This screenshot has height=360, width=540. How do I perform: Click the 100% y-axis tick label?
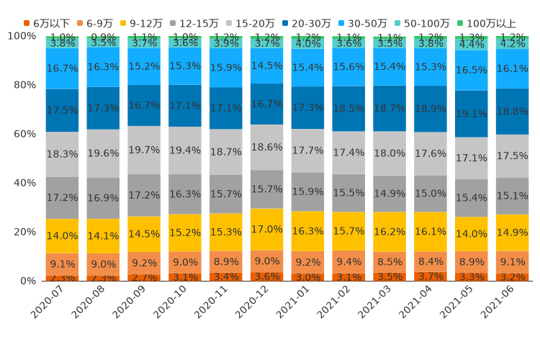(22, 36)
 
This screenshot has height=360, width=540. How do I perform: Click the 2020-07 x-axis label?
(46, 305)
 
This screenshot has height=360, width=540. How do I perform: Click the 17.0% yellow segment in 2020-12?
(266, 230)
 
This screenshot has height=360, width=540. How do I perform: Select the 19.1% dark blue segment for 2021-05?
(472, 114)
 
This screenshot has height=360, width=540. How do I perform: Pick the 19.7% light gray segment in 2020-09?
(143, 150)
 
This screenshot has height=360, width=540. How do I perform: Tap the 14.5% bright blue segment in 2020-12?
(266, 66)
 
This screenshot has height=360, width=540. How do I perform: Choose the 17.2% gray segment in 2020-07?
(62, 197)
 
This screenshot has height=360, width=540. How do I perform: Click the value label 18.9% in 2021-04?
(431, 109)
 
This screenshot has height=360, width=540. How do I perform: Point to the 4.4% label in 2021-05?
(472, 44)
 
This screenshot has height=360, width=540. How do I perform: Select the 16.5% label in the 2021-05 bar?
(472, 71)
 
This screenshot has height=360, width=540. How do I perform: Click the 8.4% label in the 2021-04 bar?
(431, 261)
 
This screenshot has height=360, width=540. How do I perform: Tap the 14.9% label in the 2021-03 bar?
(390, 194)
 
